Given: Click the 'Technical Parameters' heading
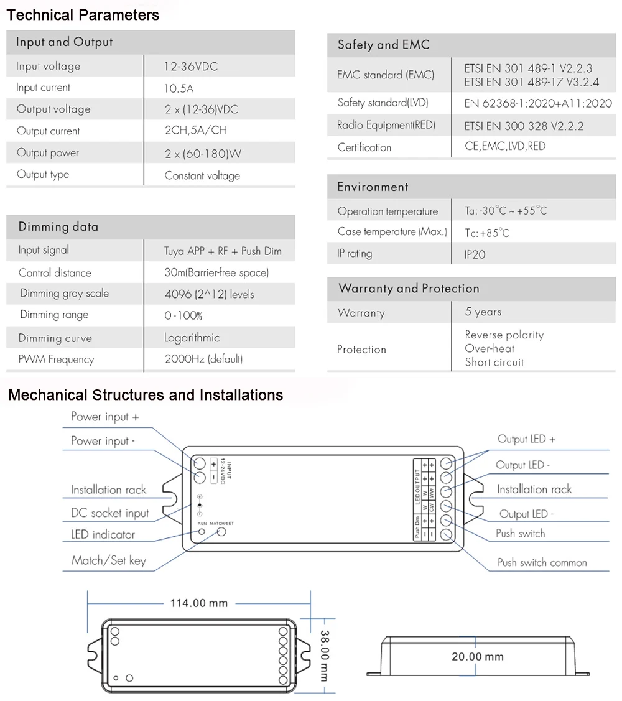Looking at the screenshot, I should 83,15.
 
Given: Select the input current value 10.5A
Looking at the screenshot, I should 179,89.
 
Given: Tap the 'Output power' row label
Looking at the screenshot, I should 48,153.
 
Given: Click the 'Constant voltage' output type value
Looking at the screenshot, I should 202,175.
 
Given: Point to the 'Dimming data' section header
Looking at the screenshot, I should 58,226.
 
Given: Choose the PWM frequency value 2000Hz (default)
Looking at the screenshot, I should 203,359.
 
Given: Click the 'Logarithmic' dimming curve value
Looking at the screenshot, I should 192,338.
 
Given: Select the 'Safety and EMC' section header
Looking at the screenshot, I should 383,45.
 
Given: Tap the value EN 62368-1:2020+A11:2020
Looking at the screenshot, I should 538,103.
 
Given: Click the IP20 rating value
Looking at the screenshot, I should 475,254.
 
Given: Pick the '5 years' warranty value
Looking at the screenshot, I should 483,312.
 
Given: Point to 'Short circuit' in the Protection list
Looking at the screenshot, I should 494,362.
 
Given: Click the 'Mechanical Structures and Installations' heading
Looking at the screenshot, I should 146,395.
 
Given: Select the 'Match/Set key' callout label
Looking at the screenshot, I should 108,560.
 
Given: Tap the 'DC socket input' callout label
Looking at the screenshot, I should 109,513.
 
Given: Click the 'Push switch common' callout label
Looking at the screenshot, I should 542,562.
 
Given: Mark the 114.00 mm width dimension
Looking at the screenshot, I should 199,603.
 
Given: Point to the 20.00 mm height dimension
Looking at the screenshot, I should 477,656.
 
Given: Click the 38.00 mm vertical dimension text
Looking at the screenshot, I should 325,656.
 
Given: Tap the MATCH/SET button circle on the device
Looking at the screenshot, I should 221,533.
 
